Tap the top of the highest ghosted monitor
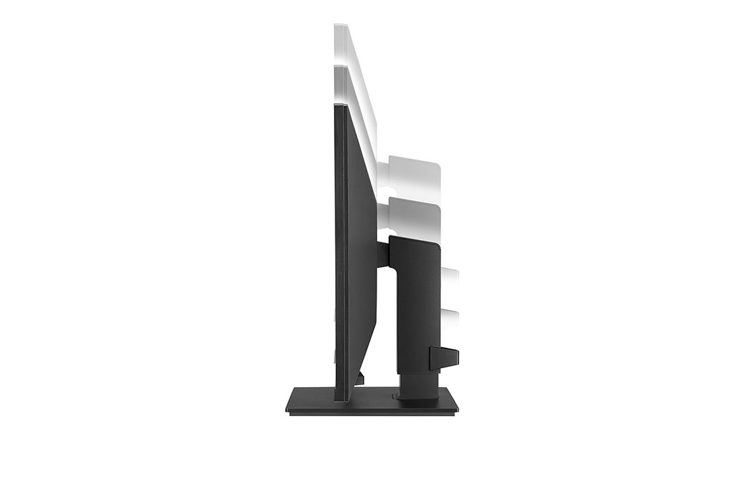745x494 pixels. (x=340, y=26)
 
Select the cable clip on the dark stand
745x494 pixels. (x=444, y=357)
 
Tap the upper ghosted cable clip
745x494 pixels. (x=450, y=277)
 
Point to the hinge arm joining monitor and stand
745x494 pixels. (x=383, y=254)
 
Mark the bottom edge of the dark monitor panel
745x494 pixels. (x=343, y=399)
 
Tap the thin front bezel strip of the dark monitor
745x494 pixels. (x=337, y=257)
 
